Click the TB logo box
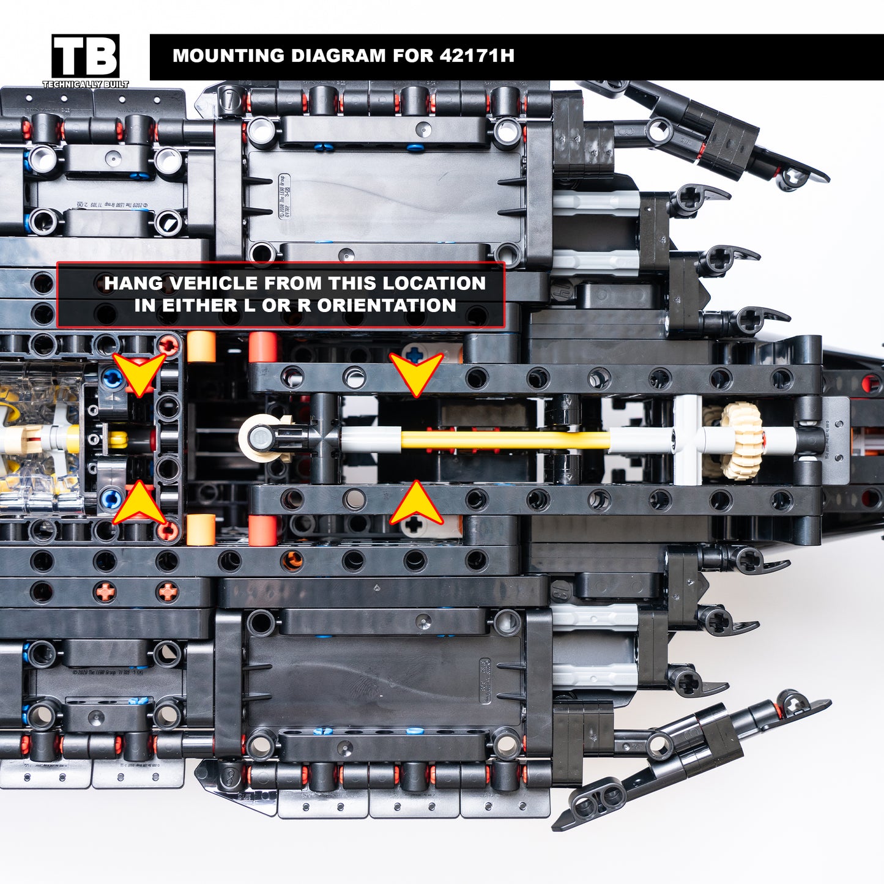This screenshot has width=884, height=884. (86, 56)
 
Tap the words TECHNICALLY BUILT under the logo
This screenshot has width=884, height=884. (86, 84)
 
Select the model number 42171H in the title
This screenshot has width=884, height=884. (477, 56)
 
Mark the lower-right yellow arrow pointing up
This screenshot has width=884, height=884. (416, 503)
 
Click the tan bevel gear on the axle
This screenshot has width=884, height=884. (741, 440)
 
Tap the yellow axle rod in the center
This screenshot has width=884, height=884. (505, 440)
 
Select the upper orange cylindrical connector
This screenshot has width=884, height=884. (201, 347)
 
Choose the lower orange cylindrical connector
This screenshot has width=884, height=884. (201, 529)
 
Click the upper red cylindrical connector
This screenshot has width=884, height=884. (263, 346)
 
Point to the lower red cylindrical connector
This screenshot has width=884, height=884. (263, 530)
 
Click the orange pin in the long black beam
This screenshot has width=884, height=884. (292, 560)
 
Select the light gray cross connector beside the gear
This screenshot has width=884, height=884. (688, 440)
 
